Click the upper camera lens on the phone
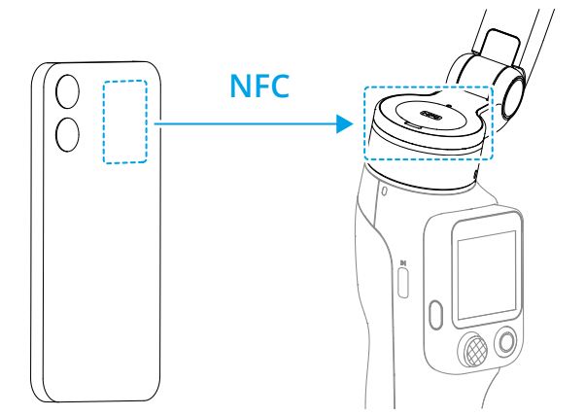click(x=67, y=91)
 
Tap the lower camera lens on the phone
click(x=67, y=134)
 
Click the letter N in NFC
click(x=240, y=86)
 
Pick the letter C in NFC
click(x=280, y=86)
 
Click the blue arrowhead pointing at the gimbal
click(x=344, y=123)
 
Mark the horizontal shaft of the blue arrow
click(x=245, y=123)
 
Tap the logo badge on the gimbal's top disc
click(x=431, y=116)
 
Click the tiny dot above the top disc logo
click(x=449, y=106)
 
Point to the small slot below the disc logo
click(x=413, y=125)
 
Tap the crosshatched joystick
click(x=475, y=351)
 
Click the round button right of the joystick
click(x=506, y=342)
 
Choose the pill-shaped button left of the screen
click(x=435, y=315)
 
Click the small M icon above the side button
click(x=403, y=263)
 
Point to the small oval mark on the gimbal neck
click(x=385, y=191)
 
